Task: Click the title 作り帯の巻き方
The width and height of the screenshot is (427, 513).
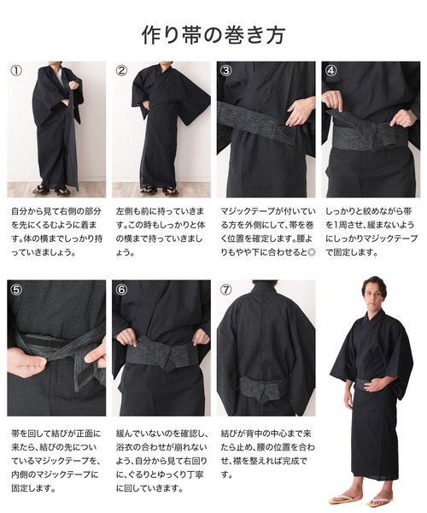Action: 213,35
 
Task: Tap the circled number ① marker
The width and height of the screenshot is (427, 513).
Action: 16,70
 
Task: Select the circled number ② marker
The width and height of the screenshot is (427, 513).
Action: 121,70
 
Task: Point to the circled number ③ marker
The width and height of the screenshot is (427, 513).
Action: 226,70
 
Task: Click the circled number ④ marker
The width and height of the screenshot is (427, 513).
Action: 331,70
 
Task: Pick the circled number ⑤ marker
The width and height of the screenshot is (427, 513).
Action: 16,289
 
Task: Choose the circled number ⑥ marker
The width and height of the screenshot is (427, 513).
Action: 121,289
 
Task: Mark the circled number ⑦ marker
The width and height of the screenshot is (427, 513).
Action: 226,289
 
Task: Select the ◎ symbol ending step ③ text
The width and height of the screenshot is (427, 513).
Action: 312,252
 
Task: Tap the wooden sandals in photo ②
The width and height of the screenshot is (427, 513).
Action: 160,190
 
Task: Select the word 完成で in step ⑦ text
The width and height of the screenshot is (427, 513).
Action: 295,462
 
